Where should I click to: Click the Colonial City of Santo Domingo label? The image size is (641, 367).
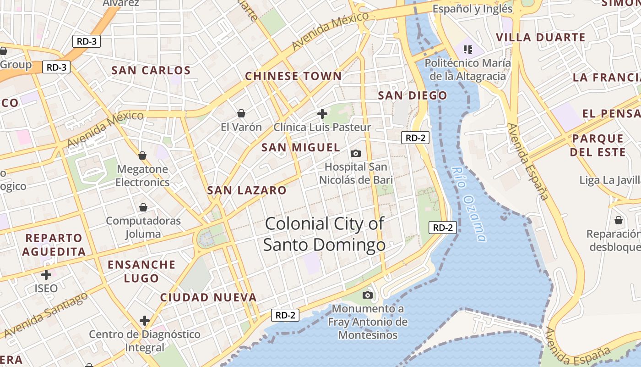(324, 234)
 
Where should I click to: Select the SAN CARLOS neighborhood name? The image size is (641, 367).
(151, 71)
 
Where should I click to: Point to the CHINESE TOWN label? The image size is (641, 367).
(293, 76)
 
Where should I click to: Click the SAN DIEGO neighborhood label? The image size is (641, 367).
(412, 96)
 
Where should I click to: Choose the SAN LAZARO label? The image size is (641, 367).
(247, 190)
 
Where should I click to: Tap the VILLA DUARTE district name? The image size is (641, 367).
(540, 38)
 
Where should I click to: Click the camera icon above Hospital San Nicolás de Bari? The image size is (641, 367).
(355, 153)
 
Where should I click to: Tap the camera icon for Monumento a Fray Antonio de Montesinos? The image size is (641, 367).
(368, 295)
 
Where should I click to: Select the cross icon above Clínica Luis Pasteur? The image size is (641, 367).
(322, 113)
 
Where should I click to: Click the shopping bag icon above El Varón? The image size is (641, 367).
(241, 113)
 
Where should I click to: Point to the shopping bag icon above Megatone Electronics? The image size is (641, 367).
(142, 156)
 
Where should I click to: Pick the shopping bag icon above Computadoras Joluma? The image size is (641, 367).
(143, 207)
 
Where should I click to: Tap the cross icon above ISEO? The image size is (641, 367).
(46, 275)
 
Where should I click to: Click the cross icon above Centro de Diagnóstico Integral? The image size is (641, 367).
(145, 320)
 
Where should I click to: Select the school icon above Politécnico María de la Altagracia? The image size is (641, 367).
(467, 49)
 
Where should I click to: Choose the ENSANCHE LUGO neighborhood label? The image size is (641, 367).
(141, 272)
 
